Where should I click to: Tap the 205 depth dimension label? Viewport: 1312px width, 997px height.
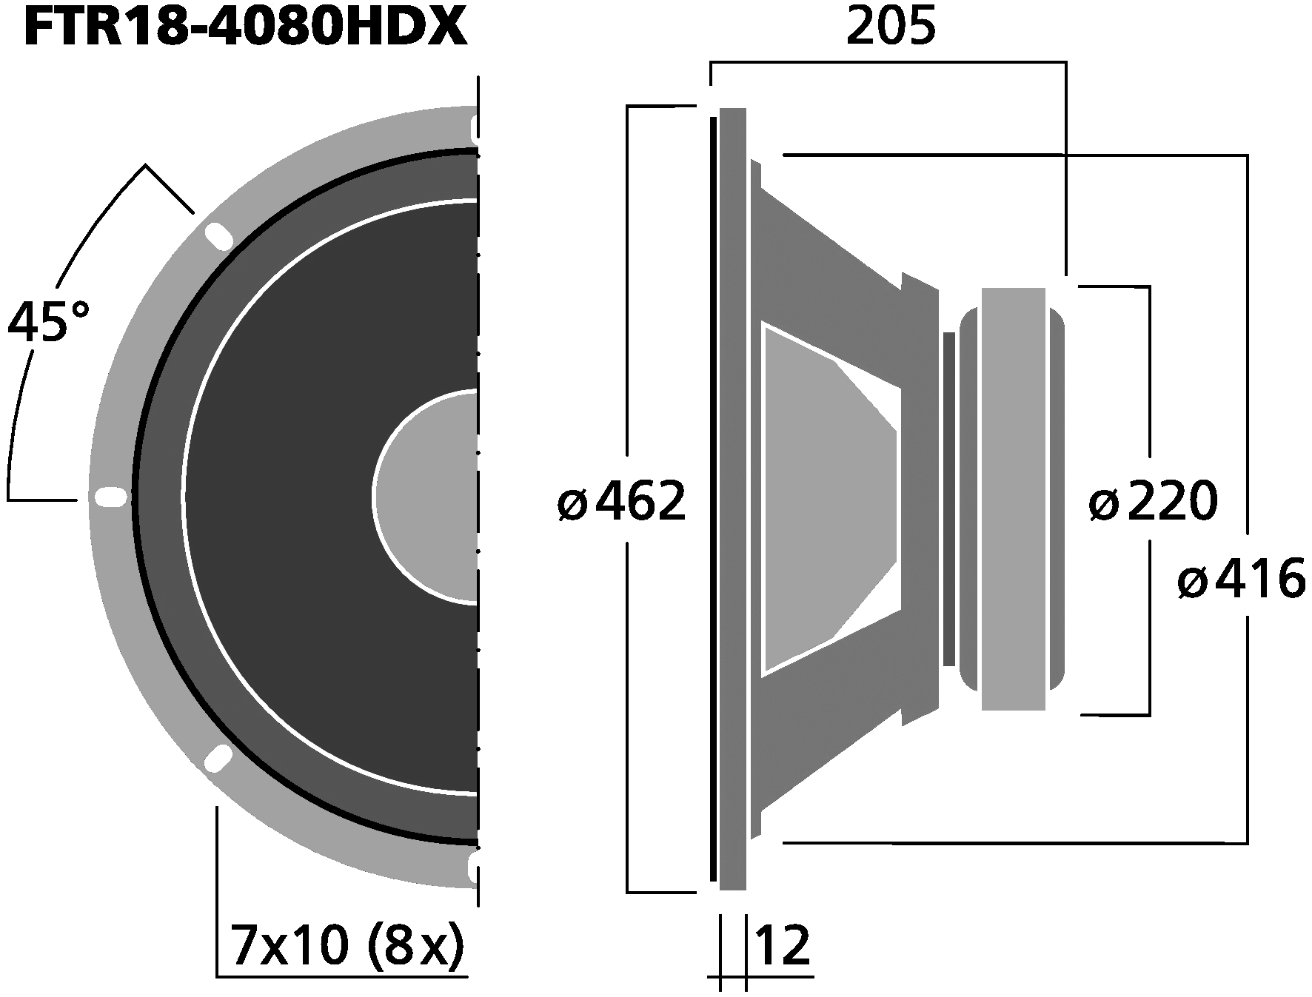click(x=891, y=27)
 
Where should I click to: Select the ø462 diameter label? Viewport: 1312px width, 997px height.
click(x=622, y=503)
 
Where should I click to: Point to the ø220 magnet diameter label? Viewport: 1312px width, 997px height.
click(x=1153, y=503)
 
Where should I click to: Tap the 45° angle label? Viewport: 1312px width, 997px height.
click(x=48, y=322)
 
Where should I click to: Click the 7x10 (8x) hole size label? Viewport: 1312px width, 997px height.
click(x=347, y=945)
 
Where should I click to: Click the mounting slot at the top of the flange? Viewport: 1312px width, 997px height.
click(x=474, y=127)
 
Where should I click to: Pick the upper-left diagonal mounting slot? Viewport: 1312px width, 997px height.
click(x=218, y=236)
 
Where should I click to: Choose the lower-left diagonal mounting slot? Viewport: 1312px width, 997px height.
click(x=218, y=759)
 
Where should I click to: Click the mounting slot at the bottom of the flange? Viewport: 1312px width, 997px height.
click(x=474, y=867)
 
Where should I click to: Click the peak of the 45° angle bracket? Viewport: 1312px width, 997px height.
click(x=145, y=166)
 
